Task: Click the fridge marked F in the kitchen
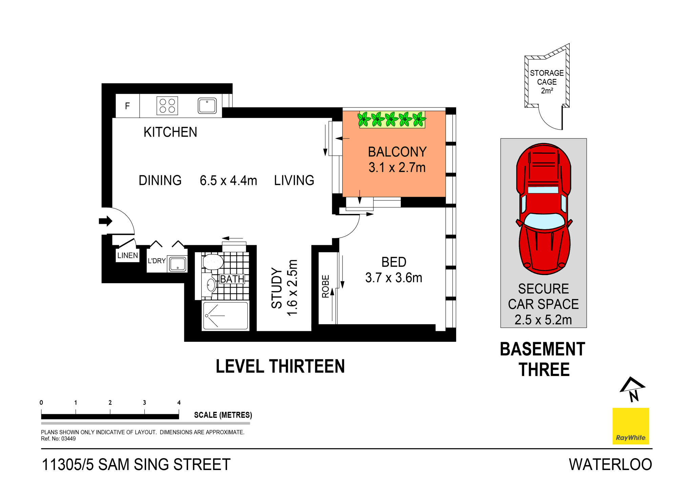[127, 106]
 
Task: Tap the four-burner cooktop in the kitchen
[167, 106]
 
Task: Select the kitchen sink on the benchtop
[207, 106]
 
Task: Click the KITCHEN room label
[170, 132]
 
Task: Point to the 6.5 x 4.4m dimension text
[228, 180]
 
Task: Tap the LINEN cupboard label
[127, 255]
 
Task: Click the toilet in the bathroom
[213, 262]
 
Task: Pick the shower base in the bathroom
[225, 316]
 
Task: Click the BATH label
[232, 279]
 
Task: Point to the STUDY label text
[277, 288]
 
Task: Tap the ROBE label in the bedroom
[325, 287]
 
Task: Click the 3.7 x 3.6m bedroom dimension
[393, 278]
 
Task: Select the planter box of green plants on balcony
[392, 120]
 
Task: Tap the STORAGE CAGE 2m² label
[547, 82]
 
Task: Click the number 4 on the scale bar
[179, 402]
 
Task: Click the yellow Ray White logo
[631, 426]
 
